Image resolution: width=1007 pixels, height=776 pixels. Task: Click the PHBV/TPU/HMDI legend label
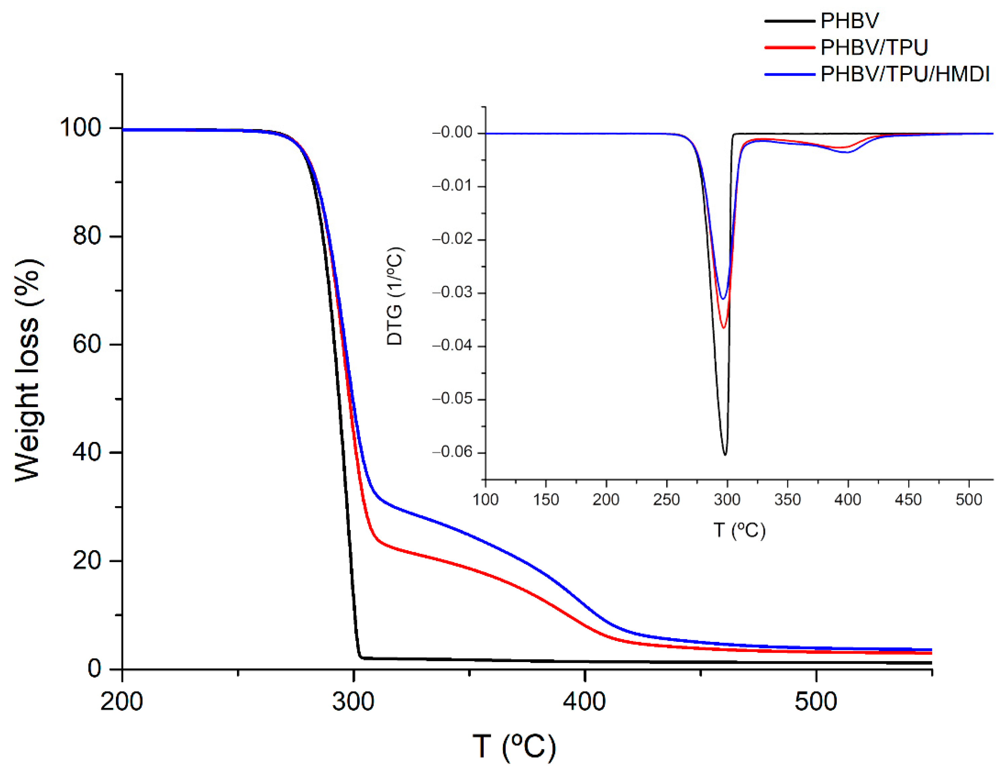(x=904, y=74)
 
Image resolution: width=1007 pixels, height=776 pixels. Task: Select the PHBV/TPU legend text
(x=874, y=47)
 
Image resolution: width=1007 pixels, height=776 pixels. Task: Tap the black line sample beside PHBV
(x=790, y=21)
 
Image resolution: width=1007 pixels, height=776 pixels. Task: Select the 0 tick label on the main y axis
(x=94, y=668)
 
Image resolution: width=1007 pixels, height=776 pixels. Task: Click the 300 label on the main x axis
(x=353, y=702)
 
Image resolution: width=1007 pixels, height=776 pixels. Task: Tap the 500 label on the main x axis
(x=816, y=702)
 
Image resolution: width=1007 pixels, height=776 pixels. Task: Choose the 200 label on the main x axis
(x=122, y=702)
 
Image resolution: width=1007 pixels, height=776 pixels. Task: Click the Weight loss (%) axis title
(x=29, y=371)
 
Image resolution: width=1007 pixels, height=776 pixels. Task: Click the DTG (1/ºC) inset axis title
(x=395, y=296)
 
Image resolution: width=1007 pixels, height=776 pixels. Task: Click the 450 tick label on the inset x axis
(x=908, y=499)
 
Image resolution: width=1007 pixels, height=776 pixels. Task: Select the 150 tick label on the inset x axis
(x=546, y=499)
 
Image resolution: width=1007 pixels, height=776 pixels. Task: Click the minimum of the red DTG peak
(x=724, y=328)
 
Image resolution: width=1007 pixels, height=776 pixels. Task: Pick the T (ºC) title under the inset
(x=739, y=530)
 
